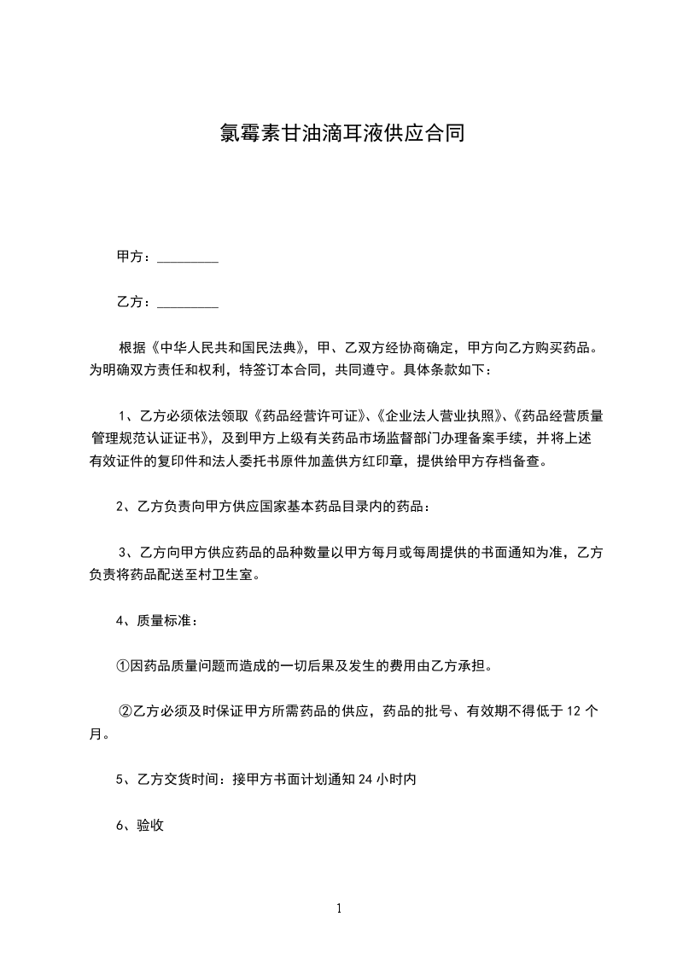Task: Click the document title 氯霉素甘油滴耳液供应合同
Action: click(338, 134)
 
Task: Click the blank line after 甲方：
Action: click(188, 258)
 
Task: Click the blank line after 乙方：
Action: click(188, 302)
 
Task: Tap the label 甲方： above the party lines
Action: click(134, 257)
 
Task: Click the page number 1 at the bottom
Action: click(339, 909)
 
